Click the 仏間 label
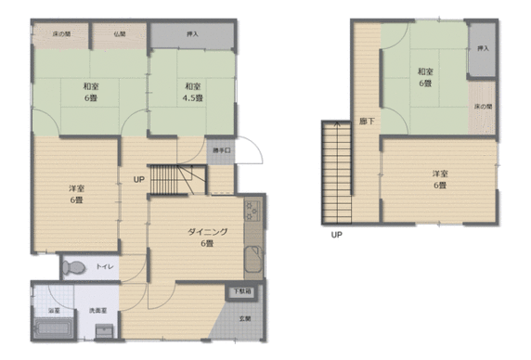(x=121, y=33)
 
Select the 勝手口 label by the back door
(x=221, y=150)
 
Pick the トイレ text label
(x=105, y=268)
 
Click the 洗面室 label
(x=96, y=311)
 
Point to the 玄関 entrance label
(x=245, y=319)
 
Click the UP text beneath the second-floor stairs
(x=336, y=235)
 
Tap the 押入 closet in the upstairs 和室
(x=481, y=48)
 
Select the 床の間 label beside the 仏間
(x=47, y=33)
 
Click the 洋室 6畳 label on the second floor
(x=438, y=180)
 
